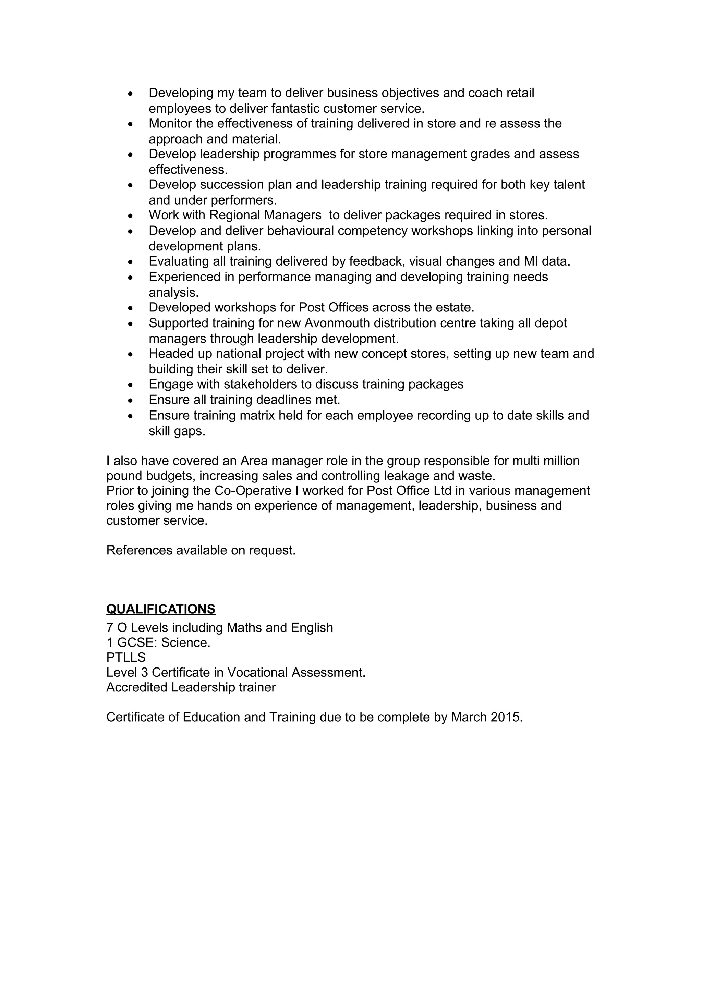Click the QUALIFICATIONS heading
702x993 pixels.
(160, 609)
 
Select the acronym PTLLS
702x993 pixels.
(126, 658)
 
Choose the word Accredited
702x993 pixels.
(137, 687)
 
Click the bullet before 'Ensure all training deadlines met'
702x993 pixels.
(131, 401)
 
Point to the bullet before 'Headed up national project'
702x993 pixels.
(131, 355)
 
